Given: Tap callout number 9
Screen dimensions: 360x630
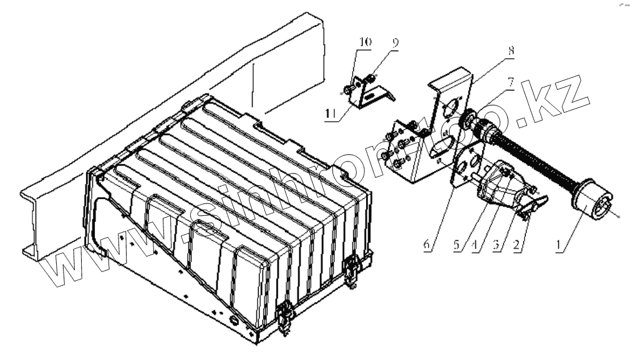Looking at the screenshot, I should (x=394, y=43).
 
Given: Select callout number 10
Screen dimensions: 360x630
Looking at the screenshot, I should (x=364, y=42).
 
